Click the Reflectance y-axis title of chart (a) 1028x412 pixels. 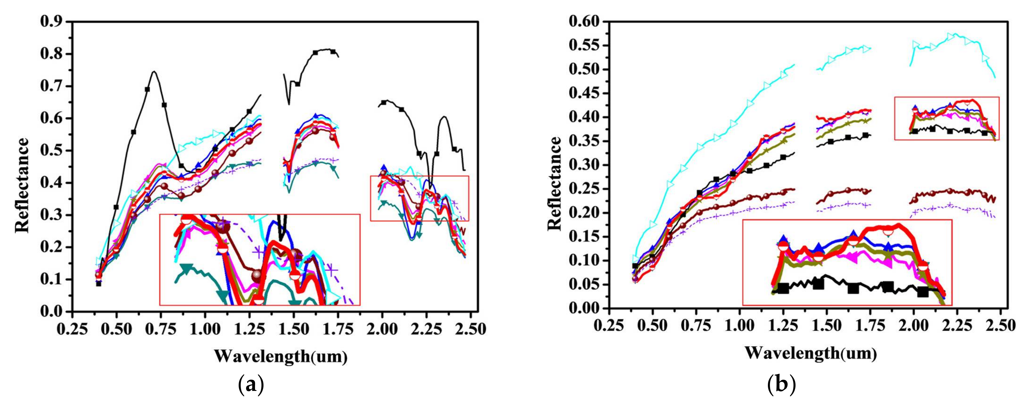22,185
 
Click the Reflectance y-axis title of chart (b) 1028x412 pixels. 554,183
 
